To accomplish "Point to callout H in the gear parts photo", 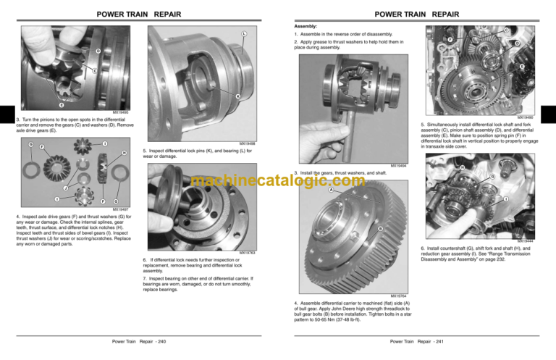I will tap(125, 153).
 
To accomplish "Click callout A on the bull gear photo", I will tap(332, 191).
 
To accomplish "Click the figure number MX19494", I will tap(398, 166).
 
